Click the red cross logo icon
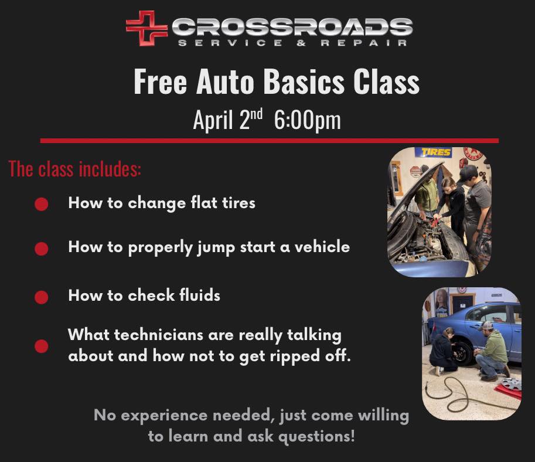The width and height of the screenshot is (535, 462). [x=146, y=28]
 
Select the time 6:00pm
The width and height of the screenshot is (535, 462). [x=306, y=120]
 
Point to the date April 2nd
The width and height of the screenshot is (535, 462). [x=229, y=120]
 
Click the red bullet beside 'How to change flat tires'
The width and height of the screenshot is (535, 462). [x=41, y=204]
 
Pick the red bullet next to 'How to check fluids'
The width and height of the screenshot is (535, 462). [x=41, y=297]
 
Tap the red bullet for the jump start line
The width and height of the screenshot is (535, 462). [x=41, y=249]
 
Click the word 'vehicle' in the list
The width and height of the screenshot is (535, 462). [x=321, y=247]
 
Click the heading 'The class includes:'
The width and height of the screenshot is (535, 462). [x=75, y=169]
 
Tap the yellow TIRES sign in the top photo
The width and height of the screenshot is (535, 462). [x=434, y=152]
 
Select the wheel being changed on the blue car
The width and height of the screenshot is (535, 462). [x=462, y=354]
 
